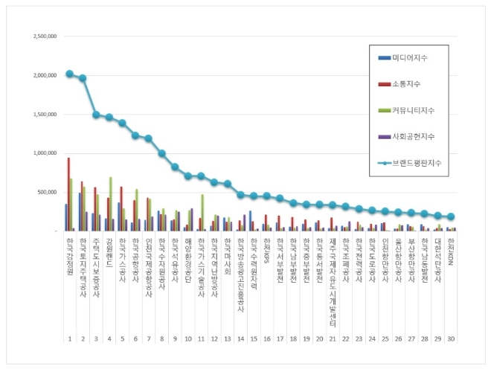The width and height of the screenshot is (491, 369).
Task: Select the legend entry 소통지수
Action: click(409, 84)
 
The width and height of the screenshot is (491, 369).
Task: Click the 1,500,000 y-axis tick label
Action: click(44, 115)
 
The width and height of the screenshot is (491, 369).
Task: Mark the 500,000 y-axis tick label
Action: click(47, 192)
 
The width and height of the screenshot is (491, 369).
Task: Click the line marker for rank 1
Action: click(69, 74)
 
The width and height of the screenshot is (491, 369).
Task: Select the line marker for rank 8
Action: click(161, 153)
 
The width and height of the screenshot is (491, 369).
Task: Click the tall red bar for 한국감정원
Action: click(69, 194)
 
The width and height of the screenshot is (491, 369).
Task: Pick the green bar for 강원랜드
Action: click(111, 204)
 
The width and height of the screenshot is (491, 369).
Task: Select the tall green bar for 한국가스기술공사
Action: click(202, 212)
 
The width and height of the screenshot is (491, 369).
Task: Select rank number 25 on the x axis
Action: click(385, 338)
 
